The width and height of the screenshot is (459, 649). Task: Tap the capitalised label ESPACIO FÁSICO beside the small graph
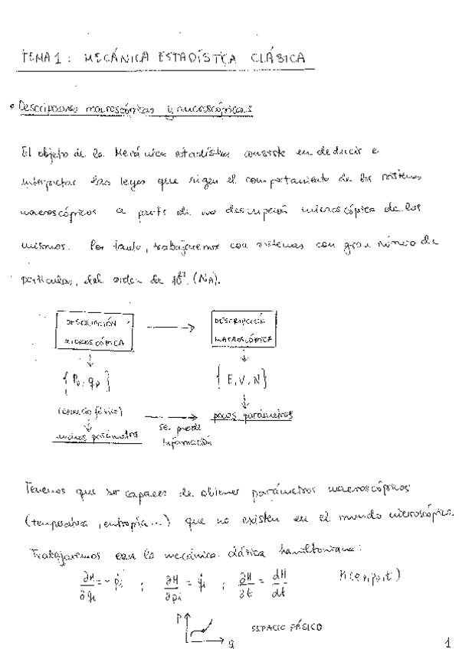[x=287, y=628]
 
